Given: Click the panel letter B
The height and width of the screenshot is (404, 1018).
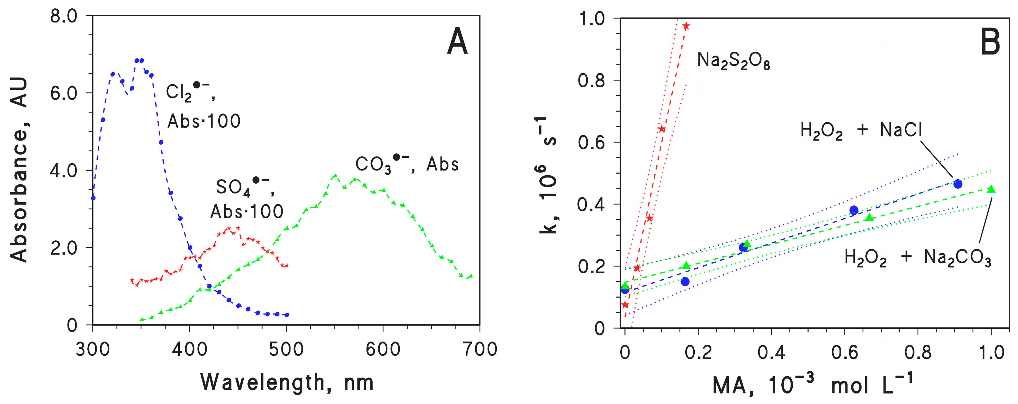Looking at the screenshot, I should [x=990, y=42].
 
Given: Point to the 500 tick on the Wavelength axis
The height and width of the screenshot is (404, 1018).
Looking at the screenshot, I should [x=286, y=350].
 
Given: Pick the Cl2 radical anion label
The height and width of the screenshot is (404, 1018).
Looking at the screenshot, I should [x=190, y=92].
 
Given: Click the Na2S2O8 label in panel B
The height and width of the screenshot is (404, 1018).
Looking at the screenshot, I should [x=733, y=61].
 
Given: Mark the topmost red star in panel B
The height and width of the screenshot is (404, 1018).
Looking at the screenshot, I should [x=686, y=26].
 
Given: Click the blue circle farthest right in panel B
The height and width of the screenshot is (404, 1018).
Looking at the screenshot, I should [x=957, y=184].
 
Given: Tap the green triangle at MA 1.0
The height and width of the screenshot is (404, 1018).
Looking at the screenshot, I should [x=991, y=189].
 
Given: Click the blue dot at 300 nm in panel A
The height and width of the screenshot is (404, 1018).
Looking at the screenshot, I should [x=93, y=198].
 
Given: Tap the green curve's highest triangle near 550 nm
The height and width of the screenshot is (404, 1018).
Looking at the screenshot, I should [x=336, y=175].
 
